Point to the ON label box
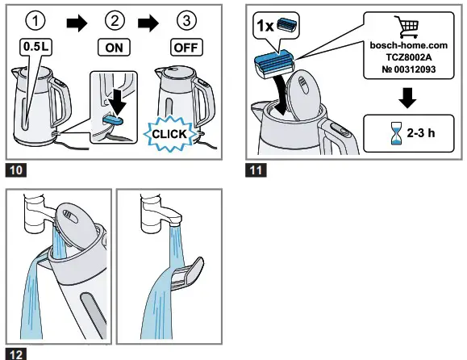[115, 48]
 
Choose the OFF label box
[186, 48]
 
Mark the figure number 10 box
[15, 170]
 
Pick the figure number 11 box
[256, 170]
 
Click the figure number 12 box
[15, 353]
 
